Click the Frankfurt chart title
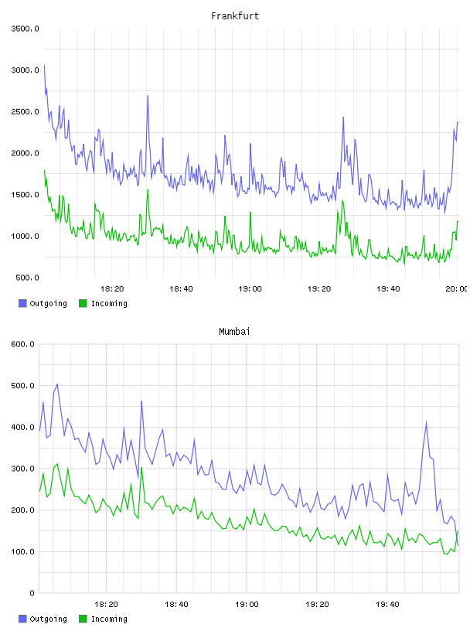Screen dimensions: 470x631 pyautogui.click(x=235, y=16)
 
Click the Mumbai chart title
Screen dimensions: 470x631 pyautogui.click(x=234, y=332)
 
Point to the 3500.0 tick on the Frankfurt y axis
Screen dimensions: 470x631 pyautogui.click(x=25, y=29)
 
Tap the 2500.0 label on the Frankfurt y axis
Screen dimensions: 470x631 pyautogui.click(x=25, y=111)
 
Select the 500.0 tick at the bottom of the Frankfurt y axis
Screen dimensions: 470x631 pyautogui.click(x=27, y=278)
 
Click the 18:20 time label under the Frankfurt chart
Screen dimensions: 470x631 pyautogui.click(x=112, y=289)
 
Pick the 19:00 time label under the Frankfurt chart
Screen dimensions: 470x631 pyautogui.click(x=250, y=289)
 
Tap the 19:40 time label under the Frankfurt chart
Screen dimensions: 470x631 pyautogui.click(x=388, y=289)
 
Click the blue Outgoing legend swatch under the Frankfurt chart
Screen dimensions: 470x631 pyautogui.click(x=22, y=303)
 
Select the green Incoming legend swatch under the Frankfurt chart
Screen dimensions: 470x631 pyautogui.click(x=83, y=303)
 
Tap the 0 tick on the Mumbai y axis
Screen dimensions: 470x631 pyautogui.click(x=32, y=593)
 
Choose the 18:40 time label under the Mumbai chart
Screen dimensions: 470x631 pyautogui.click(x=176, y=605)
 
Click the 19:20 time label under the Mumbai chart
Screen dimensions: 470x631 pyautogui.click(x=317, y=605)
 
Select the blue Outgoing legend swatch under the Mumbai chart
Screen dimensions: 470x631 pyautogui.click(x=22, y=619)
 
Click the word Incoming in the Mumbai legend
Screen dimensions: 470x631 pyautogui.click(x=109, y=619)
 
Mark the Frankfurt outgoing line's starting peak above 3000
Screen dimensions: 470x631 pyautogui.click(x=44, y=66)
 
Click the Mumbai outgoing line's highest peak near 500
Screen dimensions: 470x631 pyautogui.click(x=57, y=384)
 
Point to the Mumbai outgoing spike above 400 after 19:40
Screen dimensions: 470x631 pyautogui.click(x=426, y=421)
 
